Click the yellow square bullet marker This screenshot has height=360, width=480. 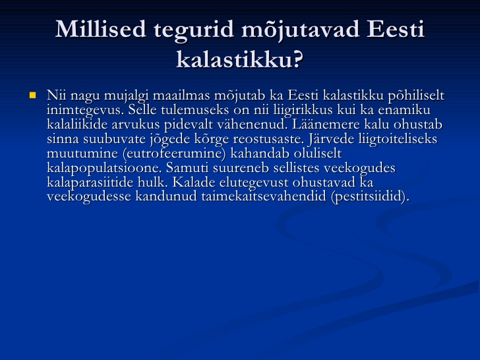point(32,96)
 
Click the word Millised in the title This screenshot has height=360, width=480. point(101,30)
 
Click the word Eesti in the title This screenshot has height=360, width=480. point(395,30)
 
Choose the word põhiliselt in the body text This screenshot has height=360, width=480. point(416,96)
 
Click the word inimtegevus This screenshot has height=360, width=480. point(85,110)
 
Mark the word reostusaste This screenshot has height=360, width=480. point(268,139)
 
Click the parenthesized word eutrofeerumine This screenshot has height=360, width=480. point(174,154)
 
